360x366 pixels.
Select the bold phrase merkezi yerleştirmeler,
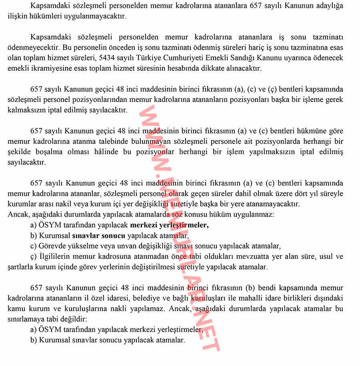click(169, 225)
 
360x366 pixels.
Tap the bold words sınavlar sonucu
click(99, 236)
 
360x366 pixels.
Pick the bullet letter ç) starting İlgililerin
click(33, 256)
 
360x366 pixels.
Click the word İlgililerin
click(56, 256)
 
